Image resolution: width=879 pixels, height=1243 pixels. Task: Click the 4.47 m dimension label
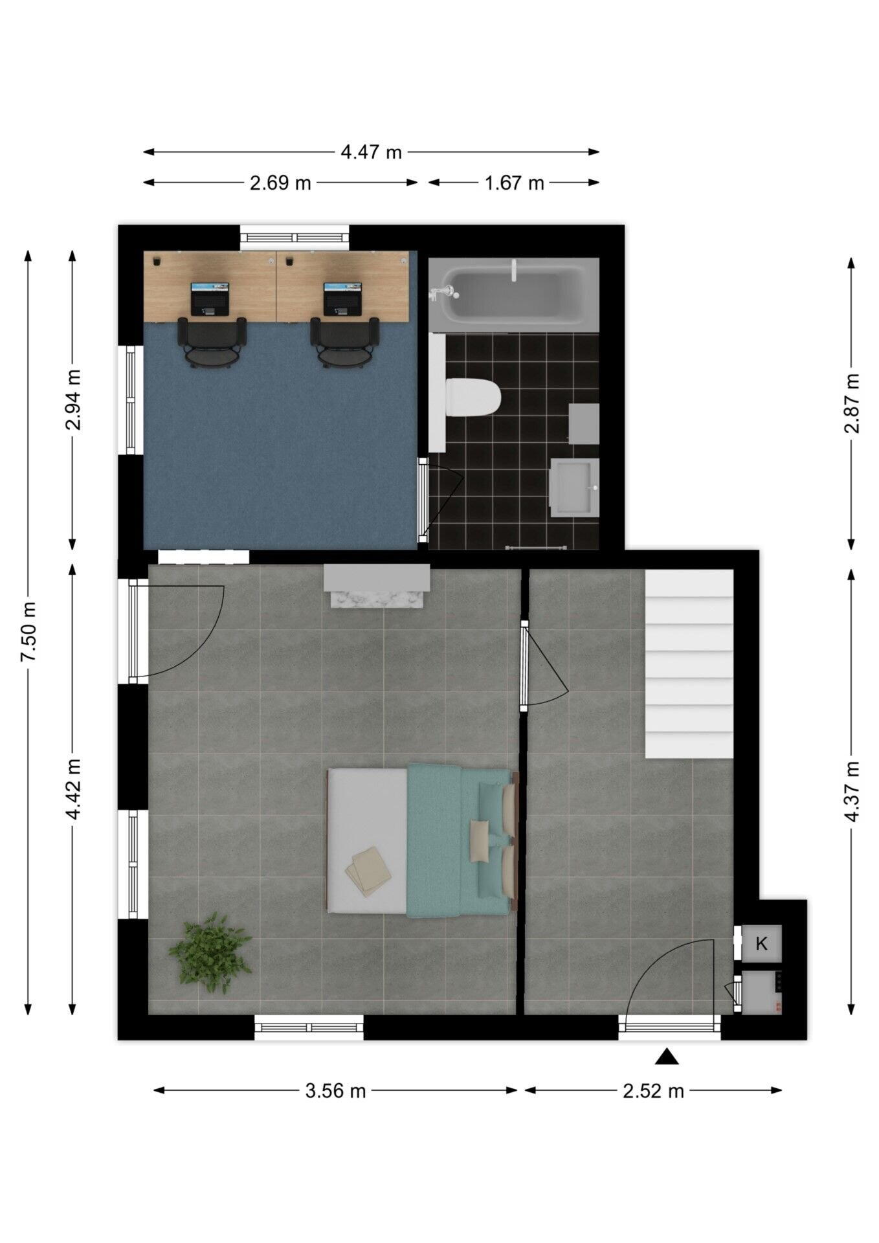(x=371, y=152)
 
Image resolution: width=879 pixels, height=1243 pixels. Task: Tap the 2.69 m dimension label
(x=280, y=183)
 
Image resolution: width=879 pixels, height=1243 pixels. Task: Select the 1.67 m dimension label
(x=515, y=183)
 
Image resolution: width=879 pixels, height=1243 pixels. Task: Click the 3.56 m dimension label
(x=335, y=1092)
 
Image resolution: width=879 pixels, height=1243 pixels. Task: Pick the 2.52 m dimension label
(x=653, y=1092)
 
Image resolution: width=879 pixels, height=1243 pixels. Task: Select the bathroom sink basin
(x=575, y=487)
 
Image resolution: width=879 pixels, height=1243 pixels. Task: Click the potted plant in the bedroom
(x=210, y=952)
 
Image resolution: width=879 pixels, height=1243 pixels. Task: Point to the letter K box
(x=761, y=943)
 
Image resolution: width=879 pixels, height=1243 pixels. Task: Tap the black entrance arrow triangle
(x=667, y=1058)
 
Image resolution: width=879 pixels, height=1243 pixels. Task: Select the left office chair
(x=212, y=342)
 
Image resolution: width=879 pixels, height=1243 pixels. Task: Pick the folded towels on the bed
(x=368, y=871)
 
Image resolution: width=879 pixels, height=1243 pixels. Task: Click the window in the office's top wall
(x=295, y=238)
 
